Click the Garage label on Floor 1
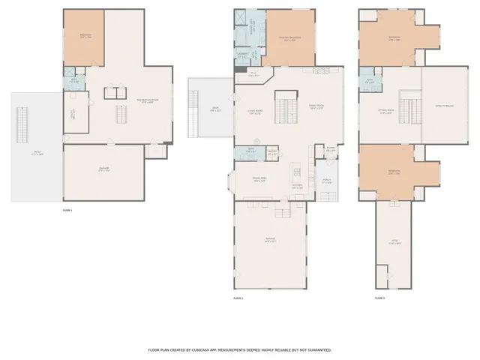(x=104, y=169)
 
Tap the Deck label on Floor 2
(x=214, y=110)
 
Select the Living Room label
(x=255, y=113)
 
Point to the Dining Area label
(x=259, y=179)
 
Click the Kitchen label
(x=296, y=185)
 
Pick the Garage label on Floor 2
(x=270, y=240)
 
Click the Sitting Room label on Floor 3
(x=386, y=112)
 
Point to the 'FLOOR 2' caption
(x=238, y=298)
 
